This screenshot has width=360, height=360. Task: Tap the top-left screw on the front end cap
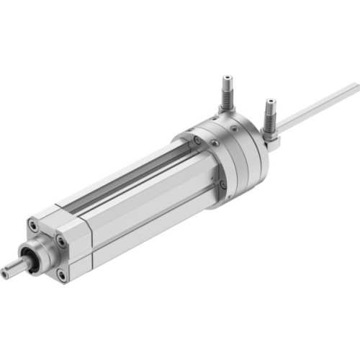[32, 225]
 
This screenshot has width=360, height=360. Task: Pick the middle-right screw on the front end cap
[60, 242]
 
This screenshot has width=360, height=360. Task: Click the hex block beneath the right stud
[272, 142]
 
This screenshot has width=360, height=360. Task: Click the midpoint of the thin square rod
[317, 109]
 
